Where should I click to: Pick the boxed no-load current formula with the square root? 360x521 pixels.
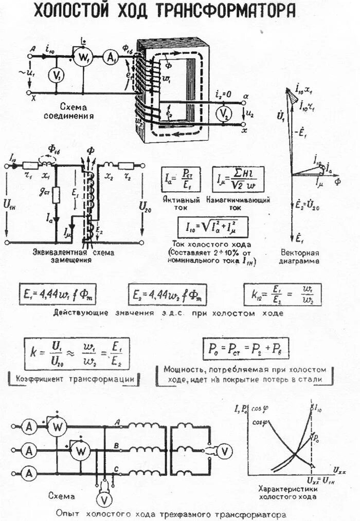[213, 227]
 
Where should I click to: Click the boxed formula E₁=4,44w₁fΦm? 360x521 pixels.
[58, 294]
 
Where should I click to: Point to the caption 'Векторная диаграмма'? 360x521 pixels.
[300, 257]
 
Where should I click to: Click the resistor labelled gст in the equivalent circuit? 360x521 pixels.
[56, 195]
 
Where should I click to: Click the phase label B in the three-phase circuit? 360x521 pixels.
[118, 445]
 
